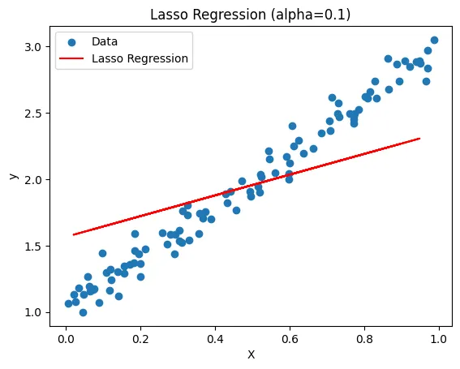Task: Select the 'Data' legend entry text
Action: click(x=105, y=41)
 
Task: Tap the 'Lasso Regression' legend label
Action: click(x=140, y=58)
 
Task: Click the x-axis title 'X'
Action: click(x=251, y=354)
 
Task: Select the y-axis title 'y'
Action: click(x=11, y=176)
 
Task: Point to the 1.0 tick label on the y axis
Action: click(x=37, y=312)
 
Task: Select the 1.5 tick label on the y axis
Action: click(x=37, y=246)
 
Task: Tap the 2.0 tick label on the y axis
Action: click(x=37, y=179)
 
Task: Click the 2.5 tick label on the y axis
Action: click(x=37, y=113)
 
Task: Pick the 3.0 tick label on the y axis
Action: click(x=37, y=47)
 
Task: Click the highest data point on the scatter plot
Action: click(x=434, y=40)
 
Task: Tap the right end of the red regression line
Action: click(x=419, y=139)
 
